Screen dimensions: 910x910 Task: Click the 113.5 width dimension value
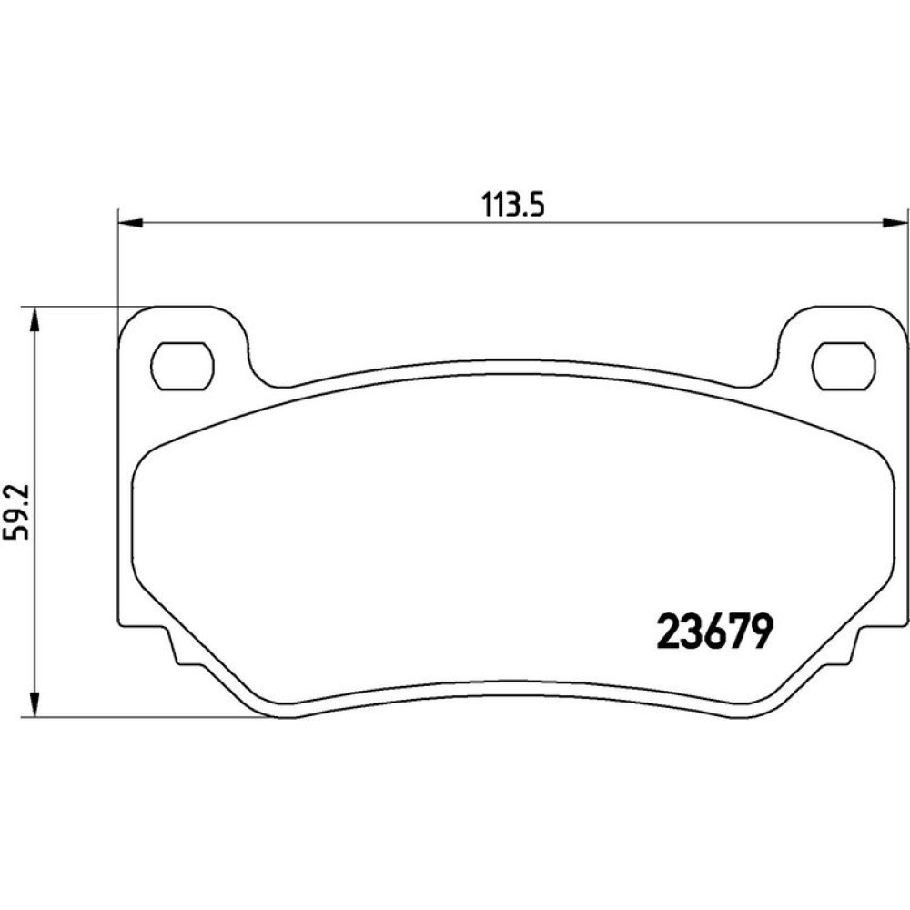click(x=512, y=205)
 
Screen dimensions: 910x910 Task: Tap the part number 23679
click(x=714, y=632)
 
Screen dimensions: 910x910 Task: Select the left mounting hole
click(x=182, y=366)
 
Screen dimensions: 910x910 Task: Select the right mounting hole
click(x=844, y=366)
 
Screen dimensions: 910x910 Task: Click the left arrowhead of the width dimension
click(x=130, y=223)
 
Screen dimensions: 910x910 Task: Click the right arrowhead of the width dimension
click(x=895, y=223)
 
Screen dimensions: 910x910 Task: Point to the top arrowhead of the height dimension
click(x=35, y=318)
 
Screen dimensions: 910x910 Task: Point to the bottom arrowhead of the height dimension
click(x=35, y=705)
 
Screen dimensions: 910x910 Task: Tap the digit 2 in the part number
click(x=667, y=632)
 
